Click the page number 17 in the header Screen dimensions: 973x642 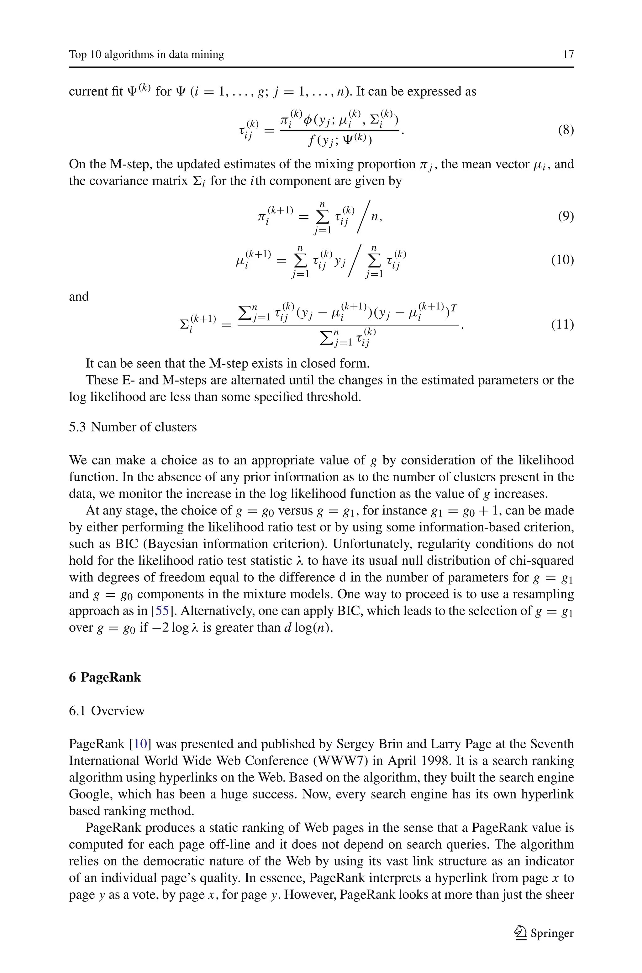pyautogui.click(x=568, y=55)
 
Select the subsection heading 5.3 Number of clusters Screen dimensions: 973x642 pyautogui.click(x=133, y=427)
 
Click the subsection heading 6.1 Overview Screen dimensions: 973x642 pyautogui.click(x=107, y=711)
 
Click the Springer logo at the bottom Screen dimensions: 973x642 pyautogui.click(x=544, y=933)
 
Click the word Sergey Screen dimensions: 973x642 pyautogui.click(x=356, y=744)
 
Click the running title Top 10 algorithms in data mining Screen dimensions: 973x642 pyautogui.click(x=147, y=55)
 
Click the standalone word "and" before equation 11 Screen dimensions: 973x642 pyautogui.click(x=79, y=297)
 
